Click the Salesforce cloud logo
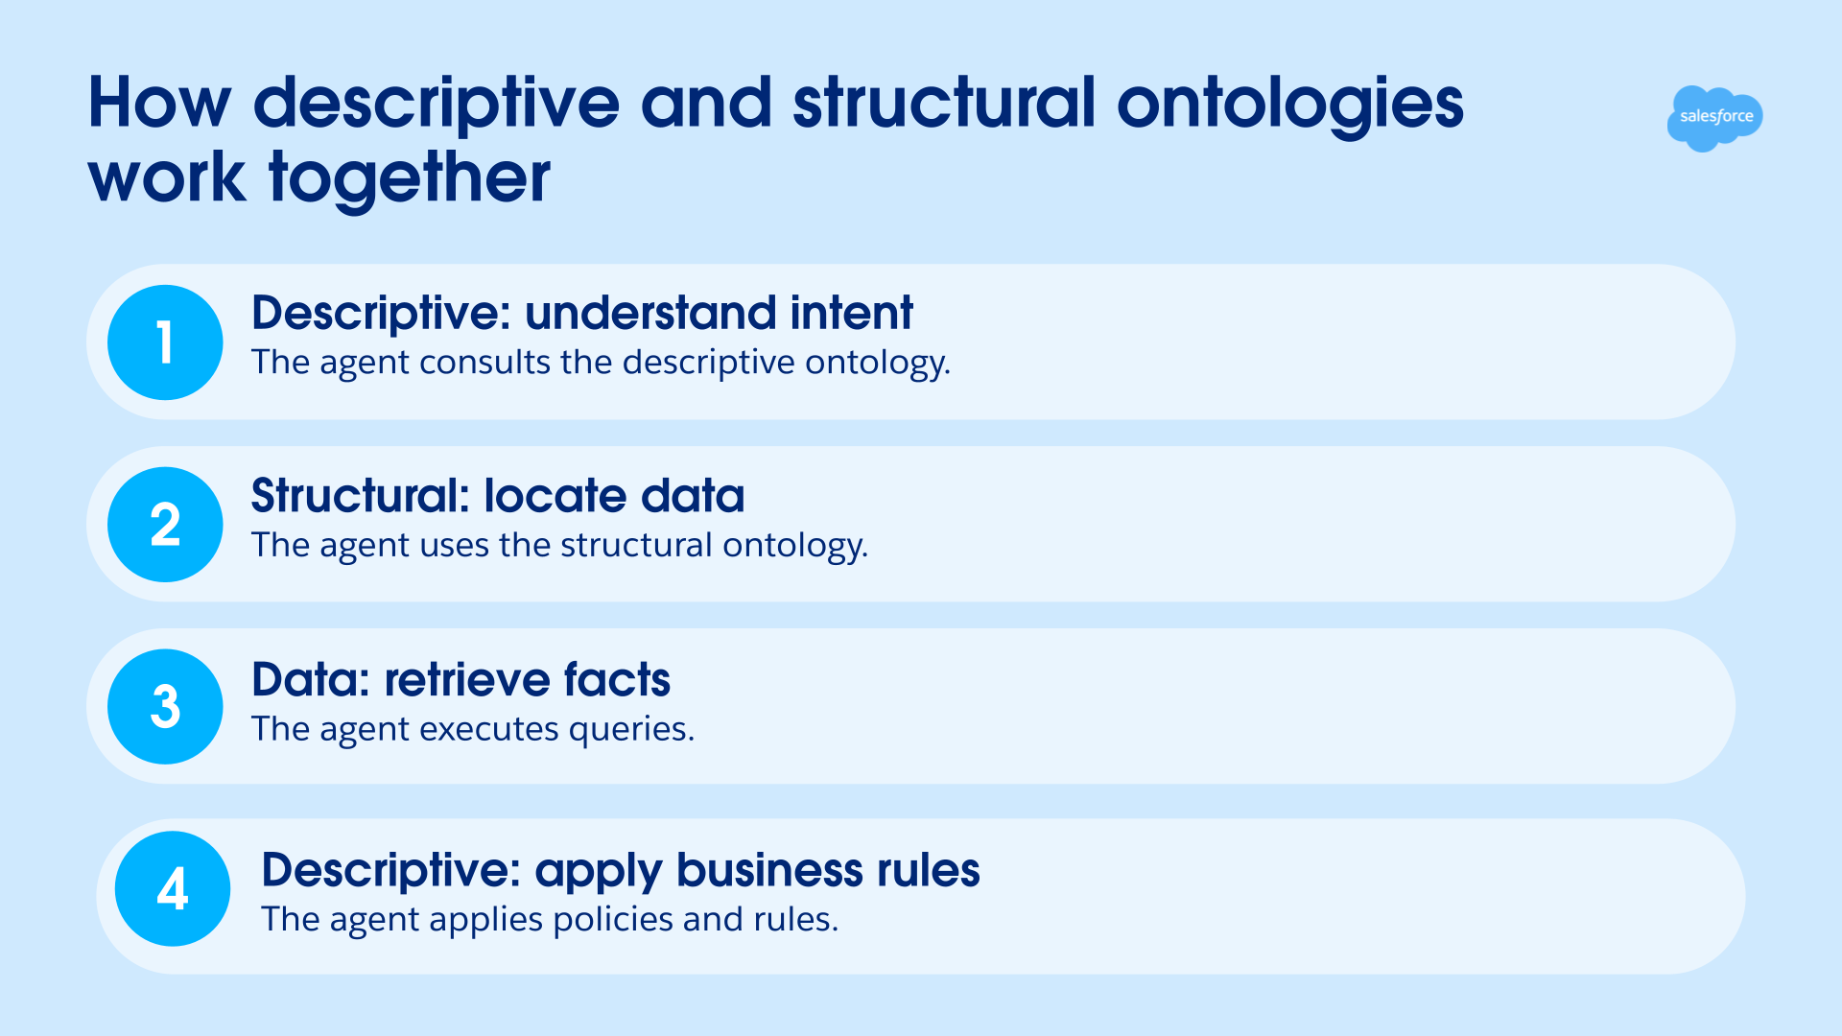1714,118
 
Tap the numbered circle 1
165,342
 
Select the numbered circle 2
165,525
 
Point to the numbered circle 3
165,707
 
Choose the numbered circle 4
173,889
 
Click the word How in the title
159,103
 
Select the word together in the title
410,180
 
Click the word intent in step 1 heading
851,313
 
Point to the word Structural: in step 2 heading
361,496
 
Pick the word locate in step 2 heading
555,496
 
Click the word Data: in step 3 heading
311,680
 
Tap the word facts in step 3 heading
617,680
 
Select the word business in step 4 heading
769,870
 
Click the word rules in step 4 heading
929,870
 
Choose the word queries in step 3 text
631,731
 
